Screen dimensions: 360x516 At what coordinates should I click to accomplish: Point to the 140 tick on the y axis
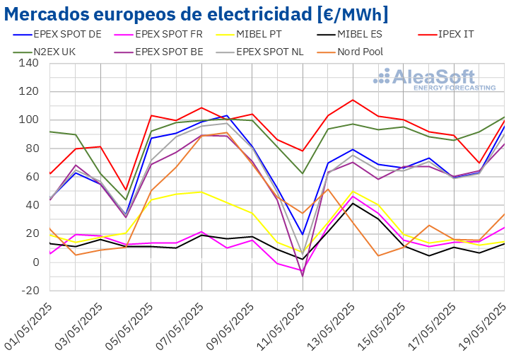(29, 63)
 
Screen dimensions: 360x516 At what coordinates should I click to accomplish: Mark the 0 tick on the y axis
(35, 262)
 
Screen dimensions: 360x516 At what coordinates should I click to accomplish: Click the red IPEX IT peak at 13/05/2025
(353, 100)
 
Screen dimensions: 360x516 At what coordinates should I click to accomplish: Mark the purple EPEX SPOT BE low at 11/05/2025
(303, 276)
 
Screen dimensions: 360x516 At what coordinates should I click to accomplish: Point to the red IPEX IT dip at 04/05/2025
(125, 190)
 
